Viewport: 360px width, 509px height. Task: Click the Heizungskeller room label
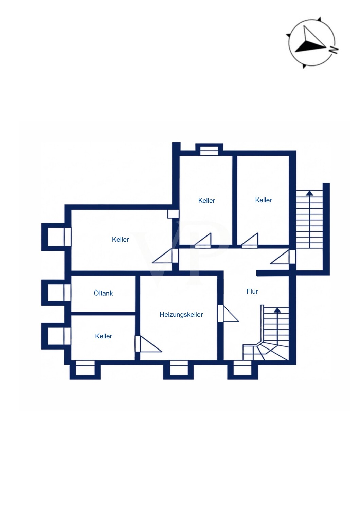click(181, 315)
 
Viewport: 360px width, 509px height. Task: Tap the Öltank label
click(103, 293)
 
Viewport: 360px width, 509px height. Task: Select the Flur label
click(252, 291)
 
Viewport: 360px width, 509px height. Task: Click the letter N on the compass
click(334, 50)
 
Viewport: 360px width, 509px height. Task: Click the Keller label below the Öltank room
click(104, 336)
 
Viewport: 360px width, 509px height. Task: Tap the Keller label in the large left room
click(120, 239)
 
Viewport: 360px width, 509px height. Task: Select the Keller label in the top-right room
click(264, 200)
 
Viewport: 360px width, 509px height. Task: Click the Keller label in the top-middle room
click(206, 201)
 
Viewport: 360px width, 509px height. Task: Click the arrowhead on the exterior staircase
click(309, 193)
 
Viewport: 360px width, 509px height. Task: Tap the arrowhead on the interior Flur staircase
click(277, 310)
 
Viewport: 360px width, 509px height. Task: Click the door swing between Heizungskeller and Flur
click(231, 313)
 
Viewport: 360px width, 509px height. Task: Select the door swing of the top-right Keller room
click(250, 239)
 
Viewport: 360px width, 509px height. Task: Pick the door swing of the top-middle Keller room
click(203, 239)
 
